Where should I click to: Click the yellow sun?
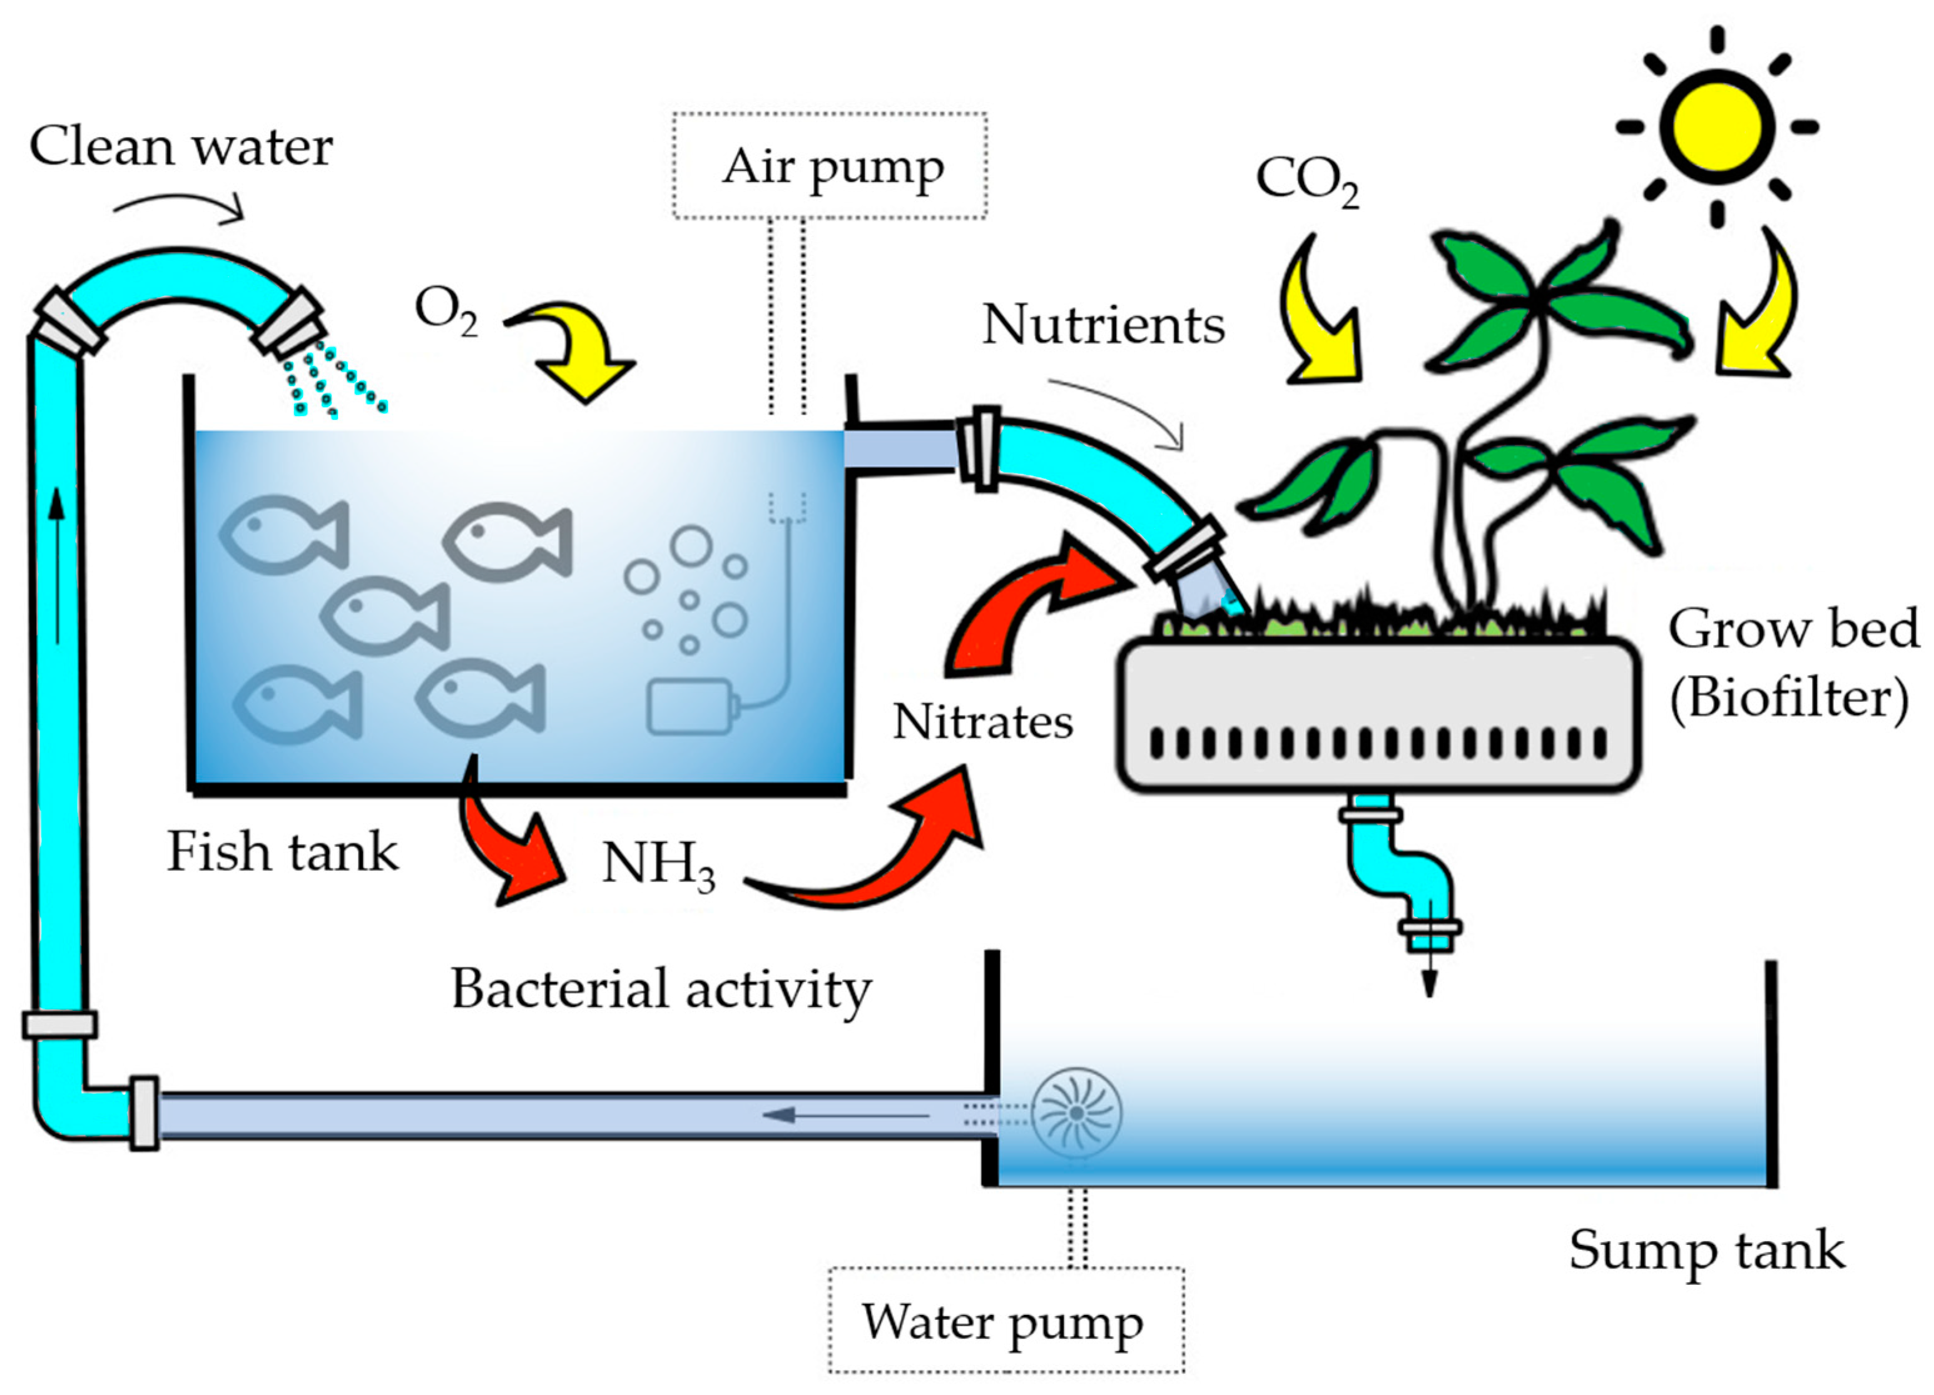pos(1716,126)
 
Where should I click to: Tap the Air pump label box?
pos(830,166)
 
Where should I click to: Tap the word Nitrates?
pos(982,723)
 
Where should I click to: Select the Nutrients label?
pos(1102,325)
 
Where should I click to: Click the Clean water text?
pos(181,146)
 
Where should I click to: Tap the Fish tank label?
pos(282,852)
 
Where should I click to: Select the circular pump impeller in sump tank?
pos(1076,1113)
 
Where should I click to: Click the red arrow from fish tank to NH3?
pos(503,844)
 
